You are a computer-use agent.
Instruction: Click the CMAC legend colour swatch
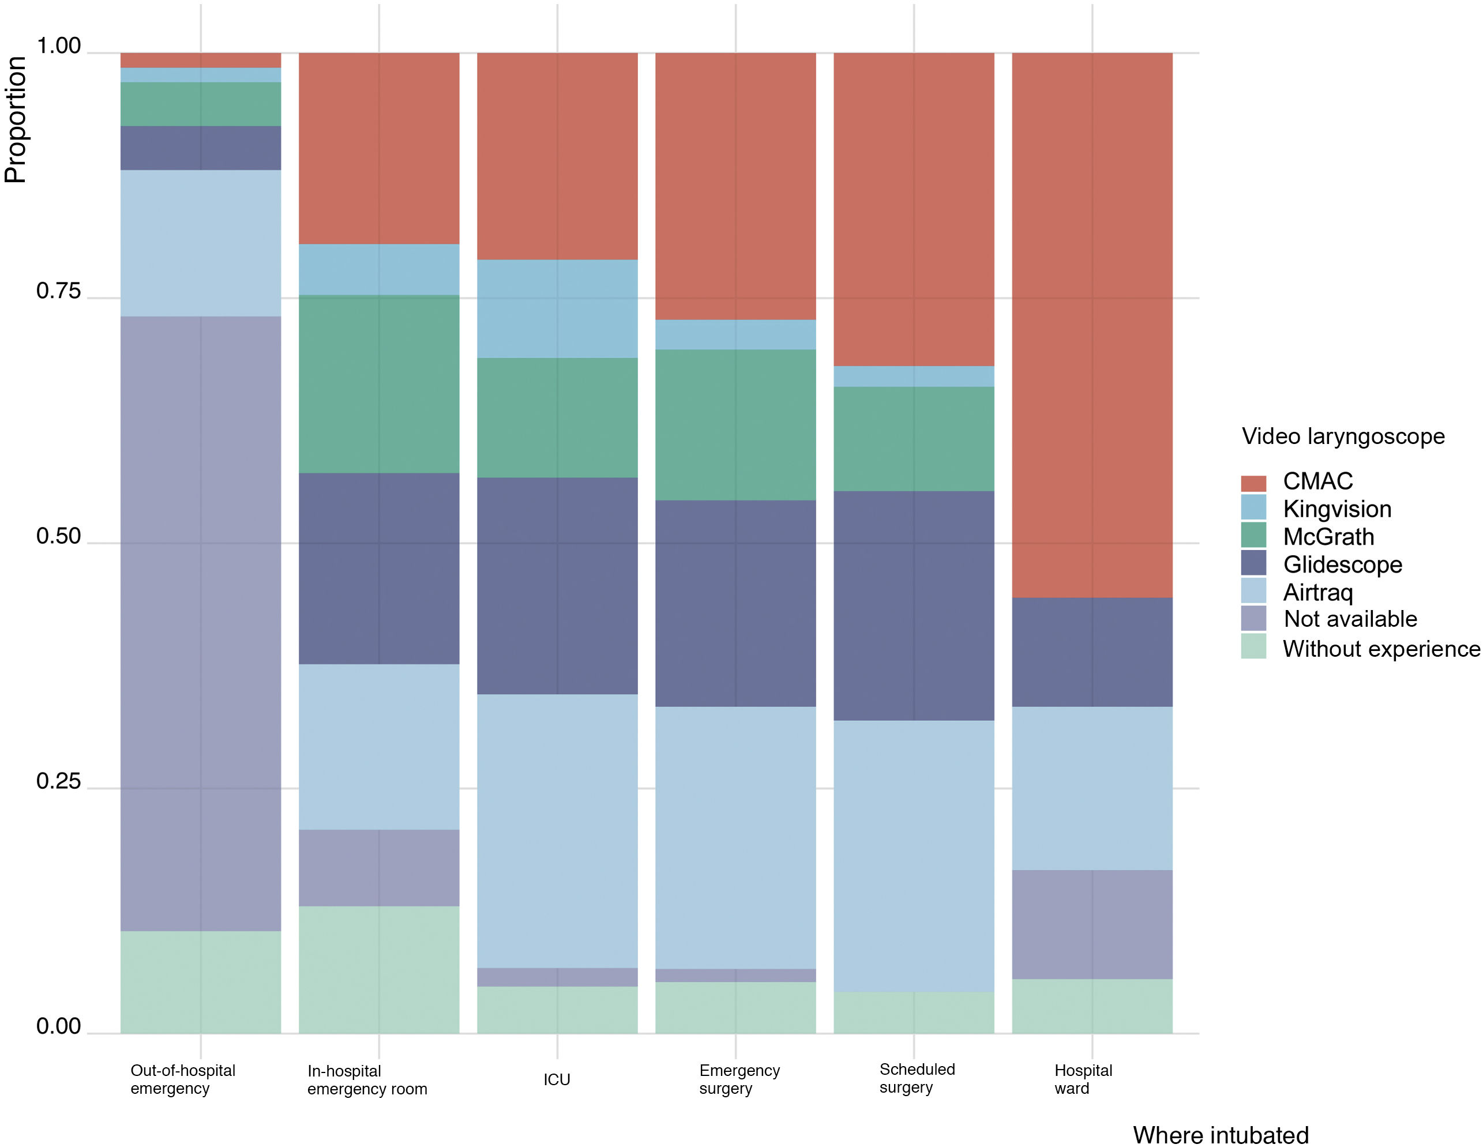(1253, 483)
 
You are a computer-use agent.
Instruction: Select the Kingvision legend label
(1336, 509)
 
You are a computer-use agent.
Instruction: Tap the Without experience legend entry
(1380, 649)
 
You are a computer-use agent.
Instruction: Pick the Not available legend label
(1349, 619)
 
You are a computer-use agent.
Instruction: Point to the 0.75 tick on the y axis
(58, 291)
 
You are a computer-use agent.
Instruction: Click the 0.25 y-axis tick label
(58, 781)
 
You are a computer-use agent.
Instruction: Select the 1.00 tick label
(58, 46)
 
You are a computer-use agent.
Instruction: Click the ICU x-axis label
(556, 1079)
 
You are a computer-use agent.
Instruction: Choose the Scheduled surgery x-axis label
(917, 1078)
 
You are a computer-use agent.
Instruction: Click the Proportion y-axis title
(15, 119)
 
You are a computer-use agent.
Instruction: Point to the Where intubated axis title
(1220, 1135)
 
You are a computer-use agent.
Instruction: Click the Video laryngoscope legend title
(1342, 436)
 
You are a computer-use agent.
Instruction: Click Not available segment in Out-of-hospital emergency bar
(200, 623)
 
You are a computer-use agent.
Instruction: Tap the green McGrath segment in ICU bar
(557, 417)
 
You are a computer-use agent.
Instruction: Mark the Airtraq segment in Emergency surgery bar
(735, 837)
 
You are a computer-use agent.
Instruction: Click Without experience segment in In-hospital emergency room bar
(379, 969)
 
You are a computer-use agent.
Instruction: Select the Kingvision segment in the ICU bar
(557, 309)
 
